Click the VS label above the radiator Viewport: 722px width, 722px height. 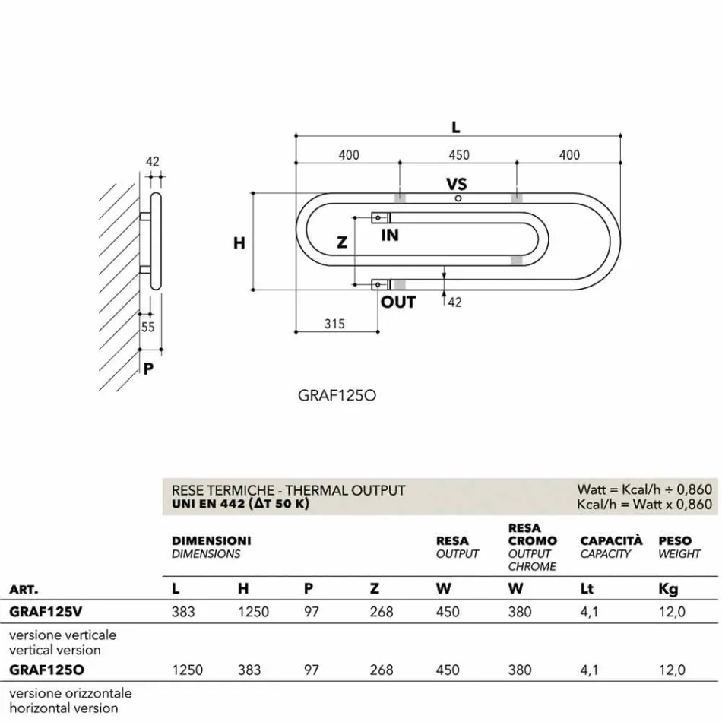tap(456, 184)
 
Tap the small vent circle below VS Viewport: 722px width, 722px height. tap(458, 198)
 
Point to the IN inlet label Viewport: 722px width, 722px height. tap(390, 236)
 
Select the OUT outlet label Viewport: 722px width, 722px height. tap(398, 302)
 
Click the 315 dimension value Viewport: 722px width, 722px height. tap(334, 324)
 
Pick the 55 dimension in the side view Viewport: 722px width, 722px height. tap(147, 327)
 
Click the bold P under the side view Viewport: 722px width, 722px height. tap(149, 369)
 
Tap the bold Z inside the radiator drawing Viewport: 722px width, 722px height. tap(342, 243)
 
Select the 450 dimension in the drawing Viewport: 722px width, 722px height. tap(459, 155)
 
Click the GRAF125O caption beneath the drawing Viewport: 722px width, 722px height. tap(338, 395)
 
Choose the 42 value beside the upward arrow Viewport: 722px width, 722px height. tap(454, 302)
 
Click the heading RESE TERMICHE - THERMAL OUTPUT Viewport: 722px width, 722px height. tap(289, 491)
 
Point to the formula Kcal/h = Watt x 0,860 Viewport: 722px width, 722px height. tap(644, 505)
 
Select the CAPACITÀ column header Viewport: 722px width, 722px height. tap(611, 541)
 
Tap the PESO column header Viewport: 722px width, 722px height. tap(675, 541)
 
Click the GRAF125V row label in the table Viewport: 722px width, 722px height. tap(46, 612)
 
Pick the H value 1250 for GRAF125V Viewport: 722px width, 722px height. tap(254, 612)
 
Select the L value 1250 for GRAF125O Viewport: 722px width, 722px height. tap(188, 670)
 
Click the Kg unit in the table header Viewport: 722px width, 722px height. tap(668, 588)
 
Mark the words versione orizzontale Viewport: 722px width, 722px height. tap(70, 693)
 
